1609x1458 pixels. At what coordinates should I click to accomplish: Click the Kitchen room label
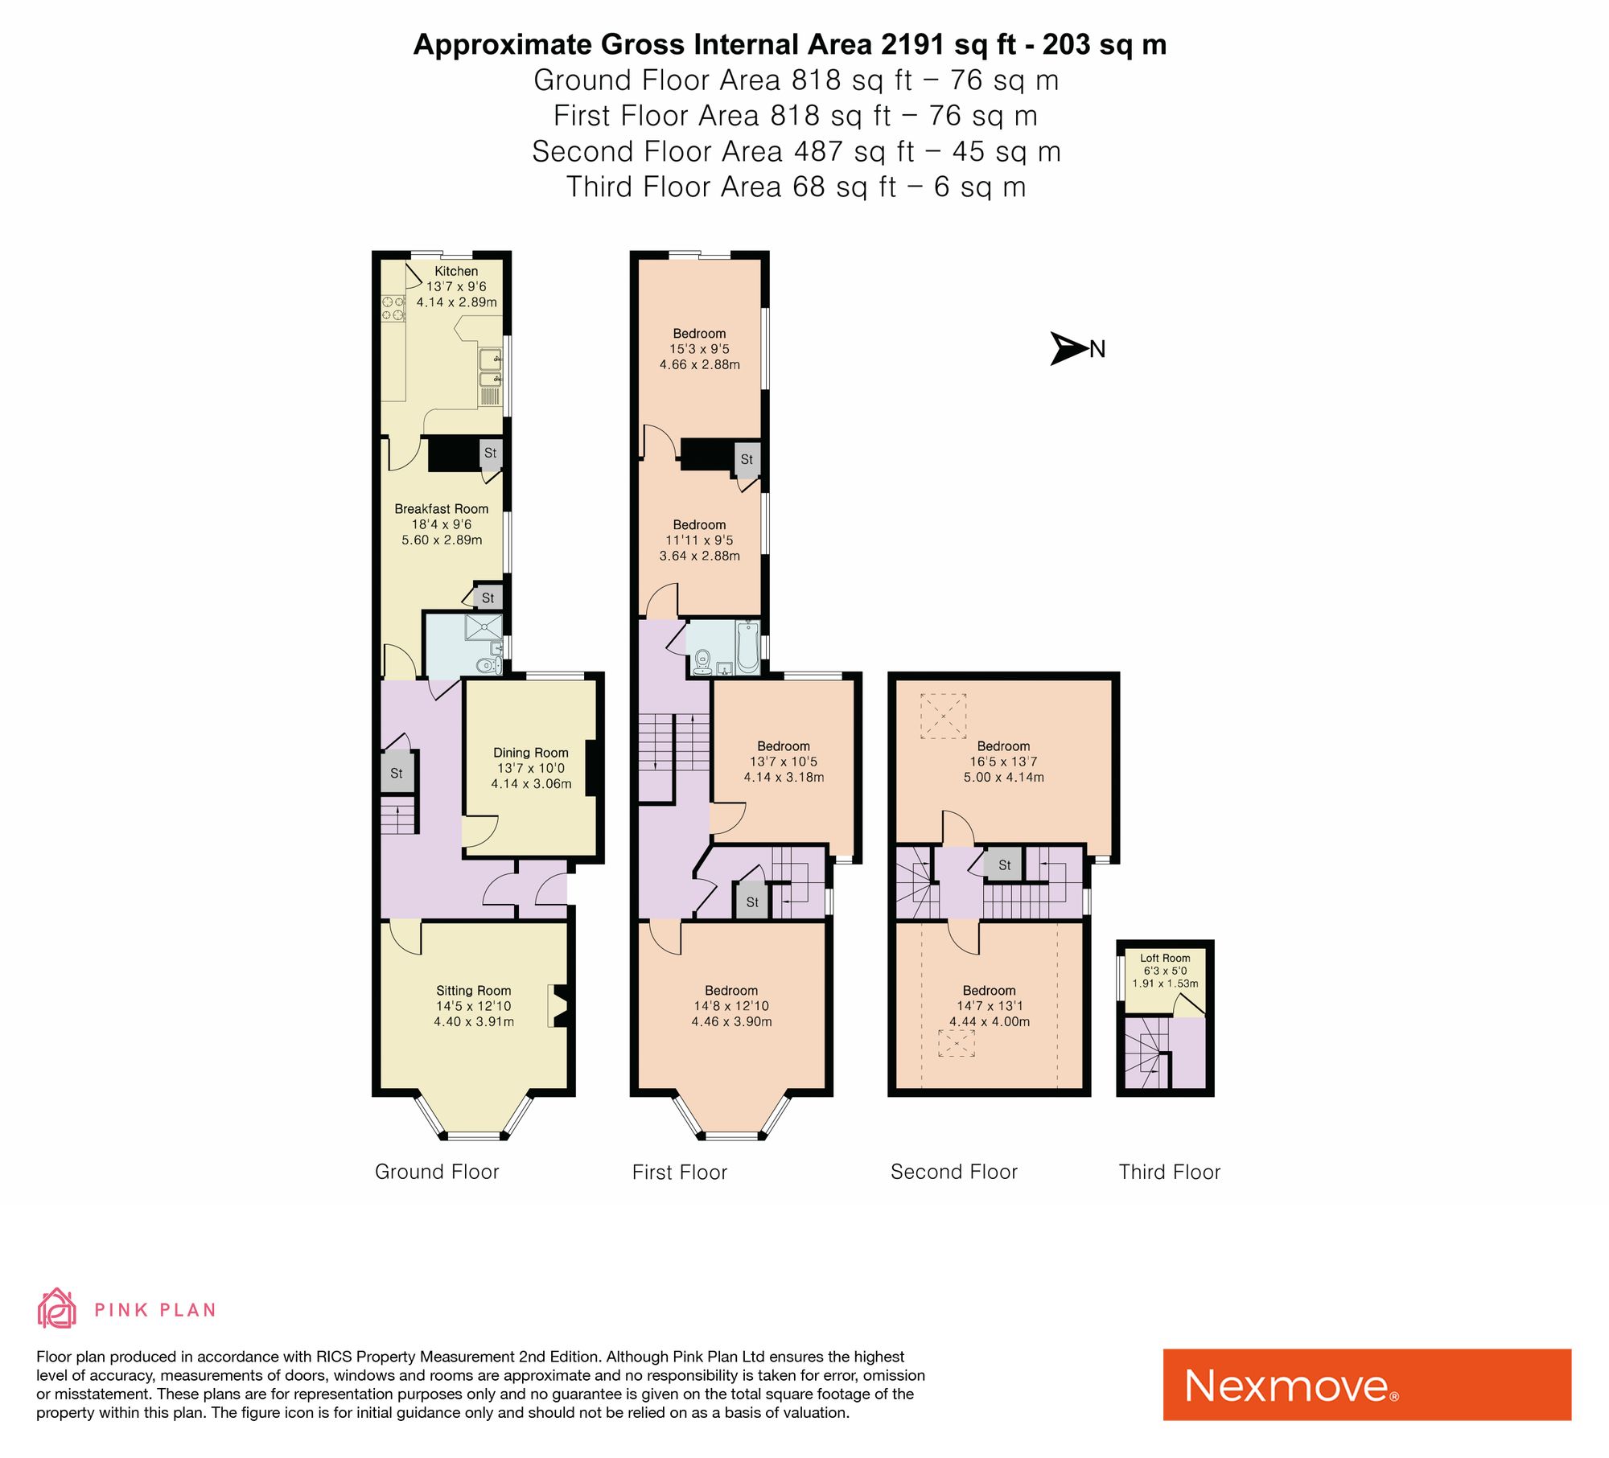456,271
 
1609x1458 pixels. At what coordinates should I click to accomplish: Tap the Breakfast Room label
441,509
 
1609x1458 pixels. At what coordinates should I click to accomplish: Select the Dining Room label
531,753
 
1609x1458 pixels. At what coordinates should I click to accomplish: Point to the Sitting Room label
473,991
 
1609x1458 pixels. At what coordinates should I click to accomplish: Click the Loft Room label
1165,958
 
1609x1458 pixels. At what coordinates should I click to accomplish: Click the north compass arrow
1069,348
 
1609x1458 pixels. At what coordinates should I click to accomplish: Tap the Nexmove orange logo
1367,1384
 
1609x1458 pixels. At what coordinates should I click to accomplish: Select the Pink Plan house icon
56,1308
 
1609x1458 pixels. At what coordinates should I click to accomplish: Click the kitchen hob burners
393,308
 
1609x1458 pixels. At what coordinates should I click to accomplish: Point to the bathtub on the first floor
747,647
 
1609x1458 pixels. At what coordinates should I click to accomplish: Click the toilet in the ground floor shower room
488,665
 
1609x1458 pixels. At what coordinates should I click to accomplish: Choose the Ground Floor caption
437,1172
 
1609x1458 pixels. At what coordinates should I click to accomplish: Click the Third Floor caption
1169,1172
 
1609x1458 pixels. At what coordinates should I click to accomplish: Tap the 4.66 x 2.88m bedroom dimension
699,364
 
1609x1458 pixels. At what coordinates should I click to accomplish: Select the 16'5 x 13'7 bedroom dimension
1003,762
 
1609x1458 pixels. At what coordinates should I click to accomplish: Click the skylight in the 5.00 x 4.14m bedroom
943,716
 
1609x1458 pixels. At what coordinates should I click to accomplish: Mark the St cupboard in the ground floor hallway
397,773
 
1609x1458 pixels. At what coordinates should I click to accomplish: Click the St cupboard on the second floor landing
1004,865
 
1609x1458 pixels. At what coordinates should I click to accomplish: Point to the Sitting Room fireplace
559,1005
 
